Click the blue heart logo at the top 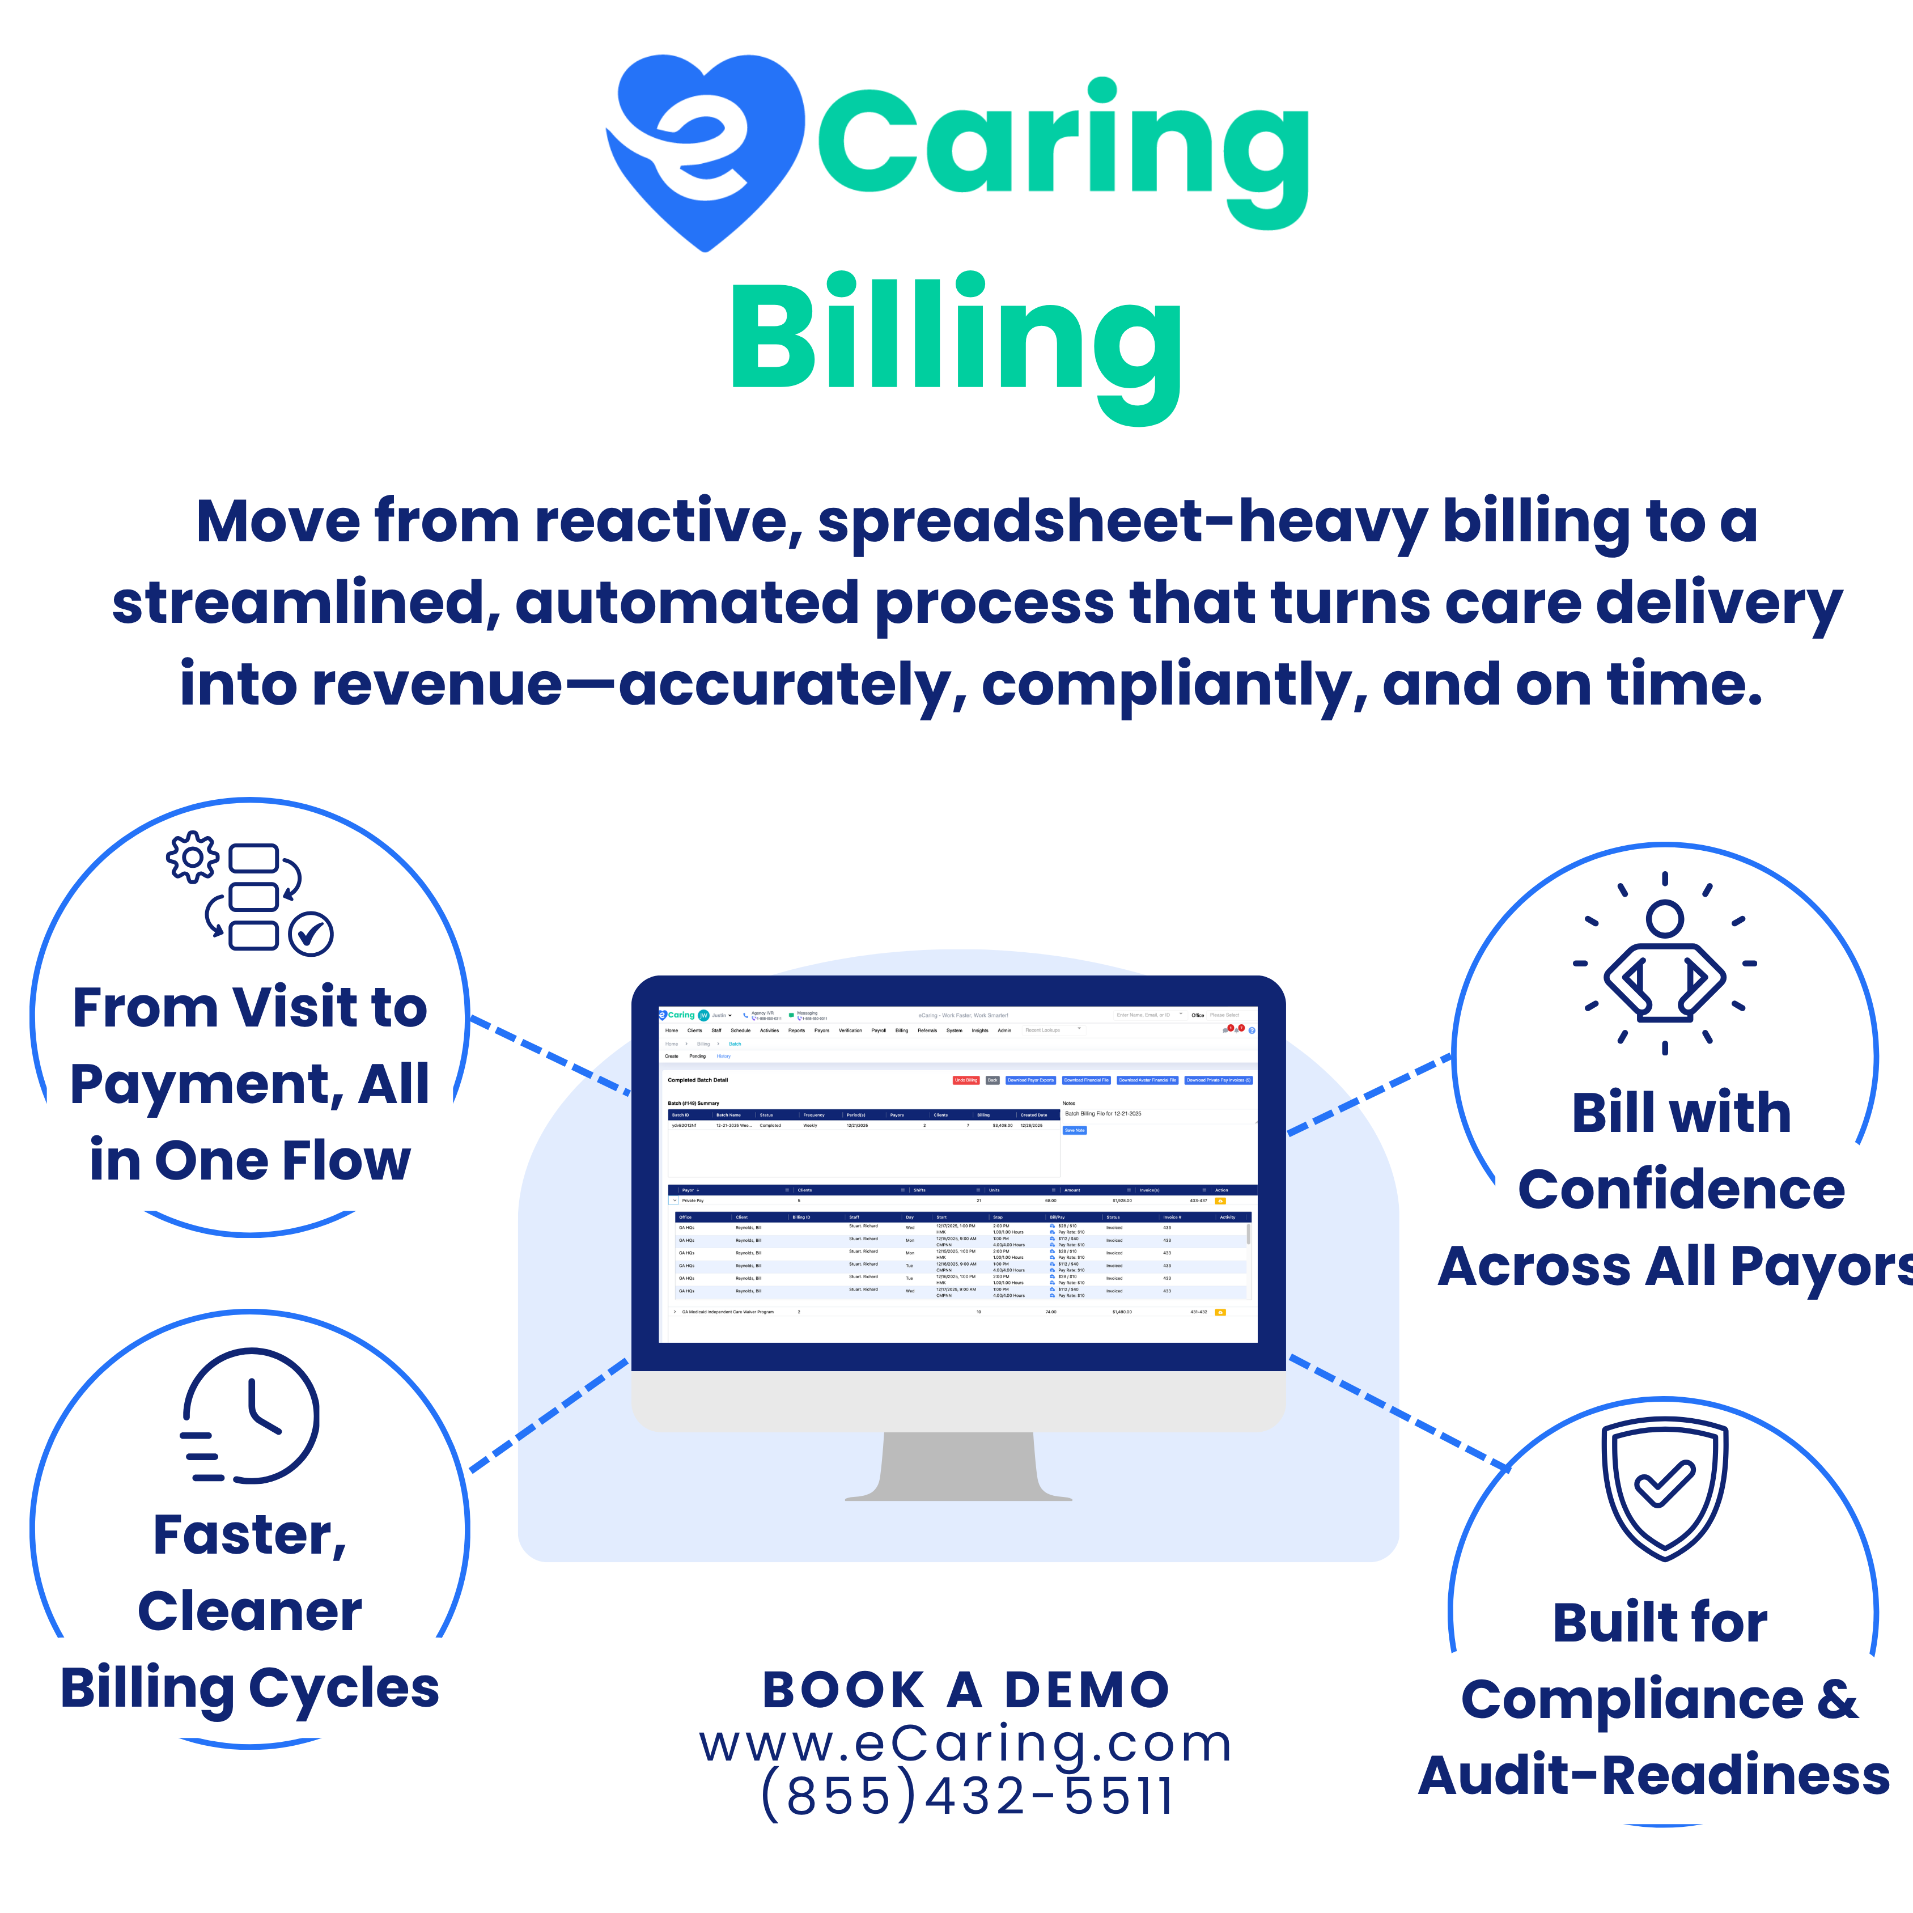[705, 149]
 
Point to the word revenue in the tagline [436, 685]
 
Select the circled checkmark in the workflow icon [311, 934]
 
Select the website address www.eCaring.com [965, 1744]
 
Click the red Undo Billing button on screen [965, 1080]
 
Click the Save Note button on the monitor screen [1074, 1130]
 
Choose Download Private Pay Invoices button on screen [1218, 1080]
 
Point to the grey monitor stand [957, 1465]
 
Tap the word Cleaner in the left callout [249, 1611]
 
